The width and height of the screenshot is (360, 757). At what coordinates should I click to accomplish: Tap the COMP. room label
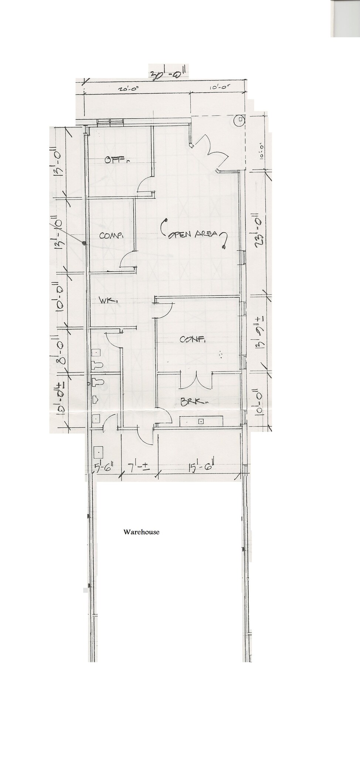coord(111,235)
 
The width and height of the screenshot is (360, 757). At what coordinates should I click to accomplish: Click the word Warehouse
coord(141,532)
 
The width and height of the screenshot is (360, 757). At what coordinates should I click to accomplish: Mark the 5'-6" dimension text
coord(104,467)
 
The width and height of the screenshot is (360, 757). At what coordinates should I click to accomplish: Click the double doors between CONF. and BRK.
coord(196,381)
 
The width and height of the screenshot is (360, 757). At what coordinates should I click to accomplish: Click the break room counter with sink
coord(201,421)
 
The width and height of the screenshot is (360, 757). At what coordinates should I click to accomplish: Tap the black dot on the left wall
coord(85,243)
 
